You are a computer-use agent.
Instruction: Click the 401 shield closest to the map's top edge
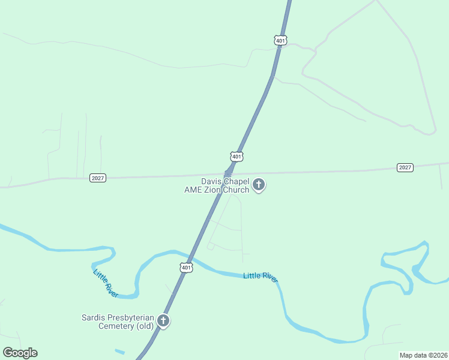coord(280,40)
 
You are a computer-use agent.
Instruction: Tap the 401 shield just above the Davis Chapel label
coord(237,157)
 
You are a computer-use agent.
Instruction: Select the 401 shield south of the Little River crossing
coord(186,267)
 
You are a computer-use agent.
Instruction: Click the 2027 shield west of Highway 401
coord(97,178)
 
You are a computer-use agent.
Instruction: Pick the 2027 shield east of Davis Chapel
coord(405,167)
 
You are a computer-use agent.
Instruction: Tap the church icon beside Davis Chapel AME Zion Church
coord(259,184)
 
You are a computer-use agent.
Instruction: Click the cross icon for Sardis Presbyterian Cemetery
coord(163,320)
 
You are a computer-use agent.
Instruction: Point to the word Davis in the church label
coord(212,181)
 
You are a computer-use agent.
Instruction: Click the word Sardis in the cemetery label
coord(94,317)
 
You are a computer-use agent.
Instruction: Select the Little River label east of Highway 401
coord(260,276)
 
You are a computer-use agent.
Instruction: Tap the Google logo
coord(20,353)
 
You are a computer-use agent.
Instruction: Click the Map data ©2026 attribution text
coord(423,355)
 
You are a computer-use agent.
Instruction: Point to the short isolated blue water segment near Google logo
coord(120,351)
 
